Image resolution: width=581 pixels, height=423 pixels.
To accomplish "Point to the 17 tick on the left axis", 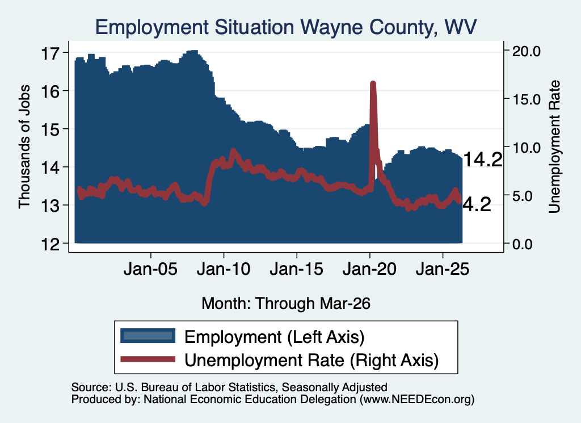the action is coord(50,53).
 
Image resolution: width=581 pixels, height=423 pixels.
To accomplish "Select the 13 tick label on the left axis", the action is coord(50,206).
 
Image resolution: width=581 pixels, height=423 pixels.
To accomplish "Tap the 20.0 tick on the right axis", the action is coord(526,51).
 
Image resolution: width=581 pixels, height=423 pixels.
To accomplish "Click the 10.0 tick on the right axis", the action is coord(526,148).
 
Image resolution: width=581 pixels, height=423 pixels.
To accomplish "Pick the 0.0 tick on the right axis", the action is coord(522,244).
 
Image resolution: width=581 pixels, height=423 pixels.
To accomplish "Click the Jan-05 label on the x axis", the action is coord(150,269).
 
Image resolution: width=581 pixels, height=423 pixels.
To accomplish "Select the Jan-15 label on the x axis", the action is coord(296,269).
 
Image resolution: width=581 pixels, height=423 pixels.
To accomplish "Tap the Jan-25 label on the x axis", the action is coord(443,269).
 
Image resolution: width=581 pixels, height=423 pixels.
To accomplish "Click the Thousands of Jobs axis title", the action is coord(24,147).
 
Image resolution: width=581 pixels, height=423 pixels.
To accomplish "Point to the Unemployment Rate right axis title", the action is coord(554,147).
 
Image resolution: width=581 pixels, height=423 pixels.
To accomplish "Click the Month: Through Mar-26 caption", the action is coord(286,303).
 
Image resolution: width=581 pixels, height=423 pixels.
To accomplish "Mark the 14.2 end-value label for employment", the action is coord(482,160).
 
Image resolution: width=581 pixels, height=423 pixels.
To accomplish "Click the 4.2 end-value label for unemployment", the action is coord(477,204).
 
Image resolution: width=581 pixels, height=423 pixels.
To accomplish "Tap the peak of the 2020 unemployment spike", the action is coord(373,83).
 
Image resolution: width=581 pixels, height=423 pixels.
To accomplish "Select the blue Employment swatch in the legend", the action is coord(148,336).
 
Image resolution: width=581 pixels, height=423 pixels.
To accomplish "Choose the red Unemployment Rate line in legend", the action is coord(148,359).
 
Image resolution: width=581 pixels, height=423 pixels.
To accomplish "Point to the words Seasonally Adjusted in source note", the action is coord(335,387).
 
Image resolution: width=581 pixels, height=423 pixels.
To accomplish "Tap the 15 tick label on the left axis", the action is coord(50,130).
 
